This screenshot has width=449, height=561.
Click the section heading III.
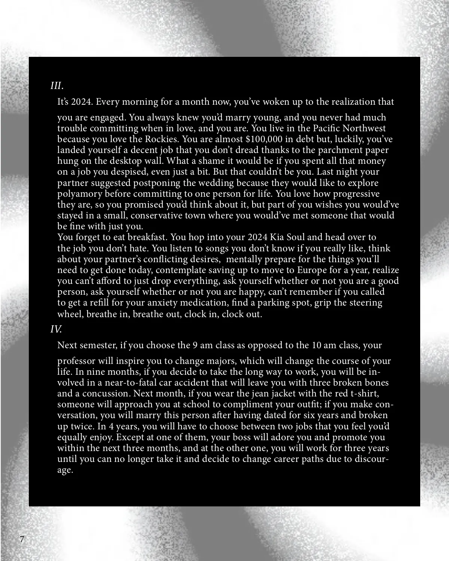point(56,86)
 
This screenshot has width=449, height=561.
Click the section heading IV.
point(56,329)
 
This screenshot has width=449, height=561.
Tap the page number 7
point(22,539)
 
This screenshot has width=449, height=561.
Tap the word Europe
point(312,270)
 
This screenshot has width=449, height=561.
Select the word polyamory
point(79,194)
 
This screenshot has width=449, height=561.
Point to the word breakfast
point(147,237)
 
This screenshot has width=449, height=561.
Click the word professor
point(76,361)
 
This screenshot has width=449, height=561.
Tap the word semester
point(98,345)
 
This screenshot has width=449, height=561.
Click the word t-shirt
point(364,393)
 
